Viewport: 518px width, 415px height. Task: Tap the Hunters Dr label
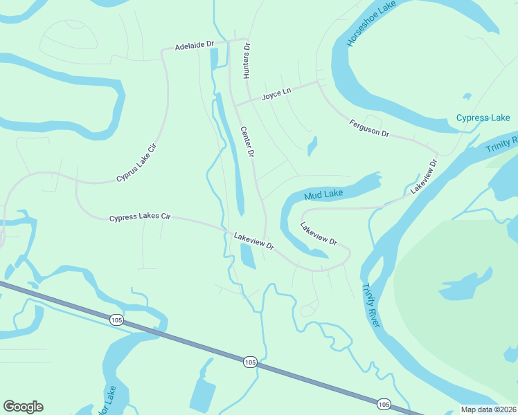click(x=246, y=62)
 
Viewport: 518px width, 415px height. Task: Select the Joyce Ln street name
click(x=276, y=95)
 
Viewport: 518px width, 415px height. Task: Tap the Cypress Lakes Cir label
click(x=139, y=217)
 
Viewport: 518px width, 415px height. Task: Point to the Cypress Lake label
click(x=483, y=118)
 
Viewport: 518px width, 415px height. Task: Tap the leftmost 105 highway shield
click(x=116, y=319)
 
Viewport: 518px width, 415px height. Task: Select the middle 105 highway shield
click(x=250, y=362)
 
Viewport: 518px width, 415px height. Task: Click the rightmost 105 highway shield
click(x=384, y=403)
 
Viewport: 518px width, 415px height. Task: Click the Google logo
click(x=23, y=407)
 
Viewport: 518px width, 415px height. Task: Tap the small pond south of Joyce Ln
click(x=312, y=146)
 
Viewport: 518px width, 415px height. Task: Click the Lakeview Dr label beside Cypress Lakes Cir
click(x=254, y=241)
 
